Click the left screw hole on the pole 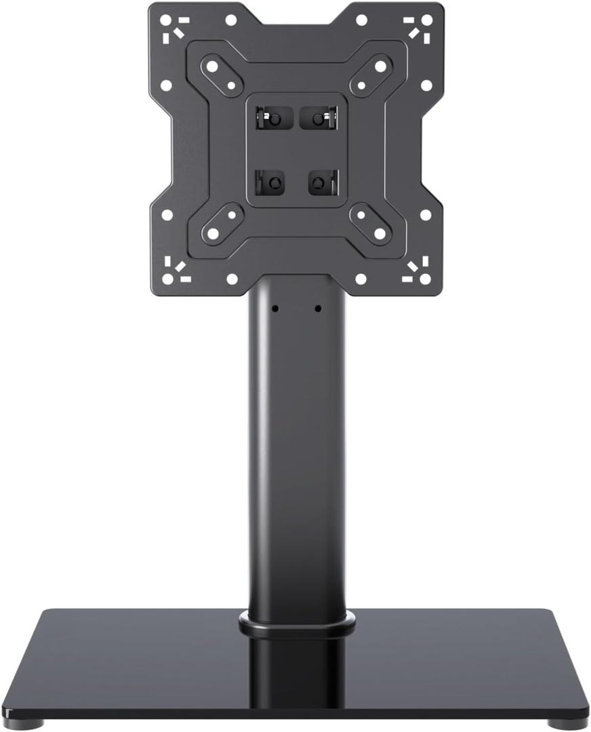click(x=276, y=308)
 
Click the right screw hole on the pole click(x=318, y=308)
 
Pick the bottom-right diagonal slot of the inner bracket click(x=371, y=224)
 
